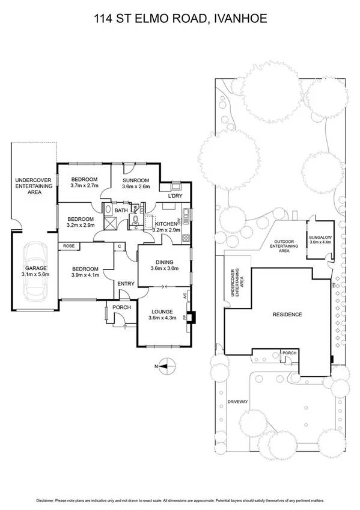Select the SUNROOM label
click(x=136, y=180)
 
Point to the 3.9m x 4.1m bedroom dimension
click(x=83, y=275)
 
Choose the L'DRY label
click(x=175, y=196)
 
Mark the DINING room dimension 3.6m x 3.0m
click(x=164, y=269)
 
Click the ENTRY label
click(x=126, y=284)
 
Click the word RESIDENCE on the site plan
click(x=287, y=315)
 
